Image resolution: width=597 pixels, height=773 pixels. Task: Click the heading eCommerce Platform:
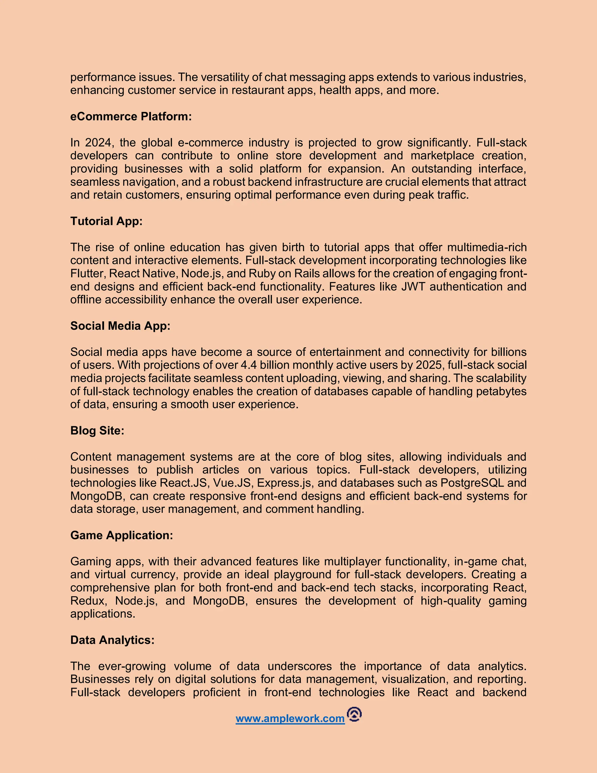(x=131, y=116)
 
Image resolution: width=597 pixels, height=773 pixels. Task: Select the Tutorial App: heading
(x=106, y=221)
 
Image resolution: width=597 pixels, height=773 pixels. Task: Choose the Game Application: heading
(x=122, y=536)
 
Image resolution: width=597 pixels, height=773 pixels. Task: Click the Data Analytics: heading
(x=113, y=640)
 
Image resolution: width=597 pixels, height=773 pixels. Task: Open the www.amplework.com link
(x=290, y=719)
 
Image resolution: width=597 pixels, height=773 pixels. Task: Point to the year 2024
(x=98, y=143)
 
